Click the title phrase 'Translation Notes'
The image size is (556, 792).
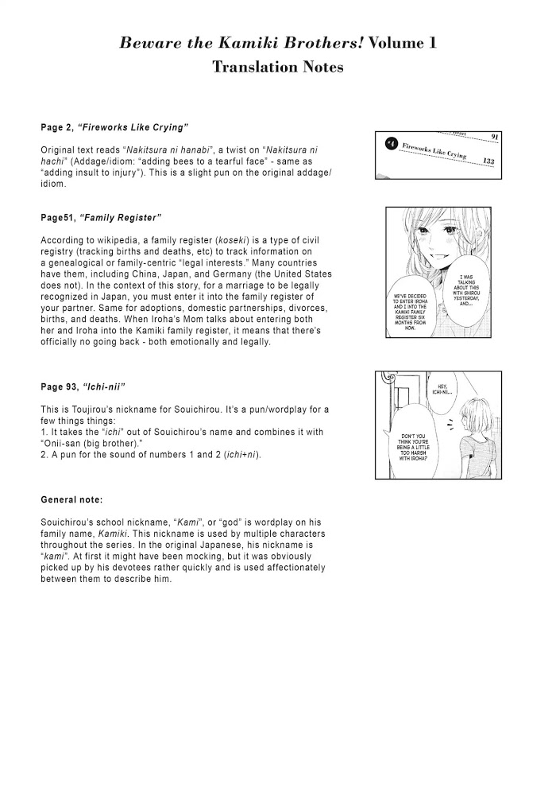pyautogui.click(x=277, y=68)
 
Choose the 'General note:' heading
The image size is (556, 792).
pyautogui.click(x=71, y=500)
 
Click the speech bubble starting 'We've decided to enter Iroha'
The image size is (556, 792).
pyautogui.click(x=418, y=313)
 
